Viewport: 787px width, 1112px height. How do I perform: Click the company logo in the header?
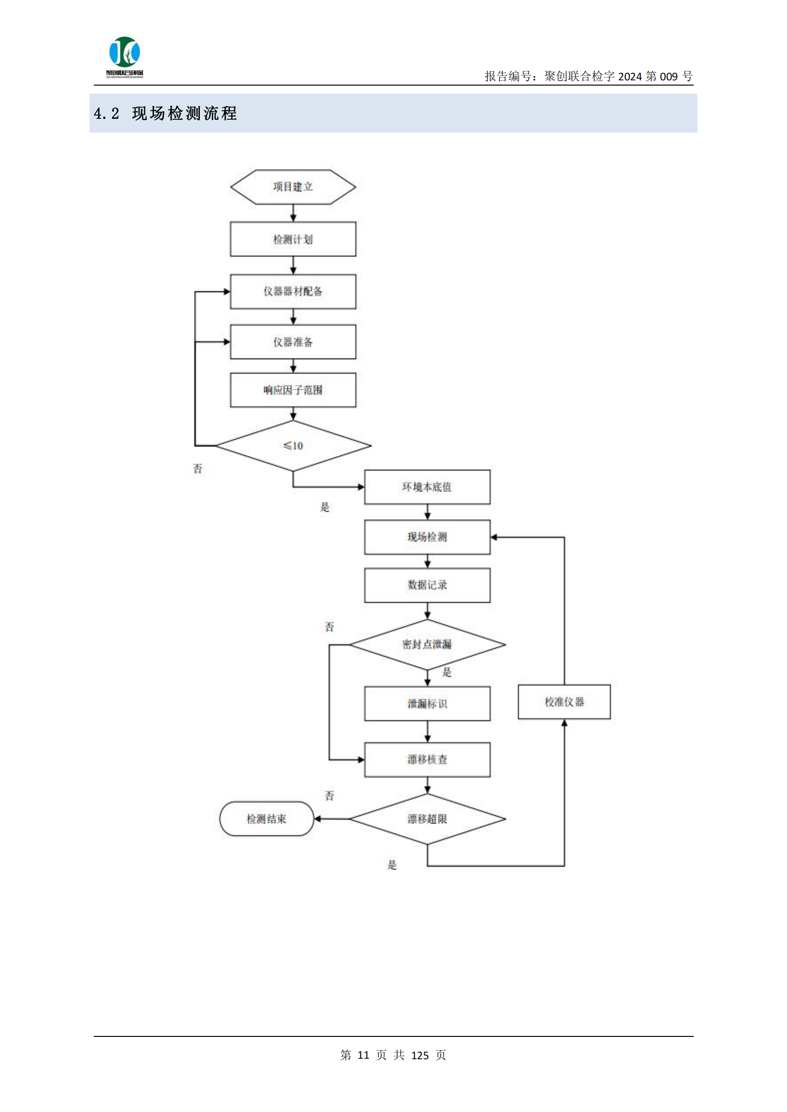tap(125, 56)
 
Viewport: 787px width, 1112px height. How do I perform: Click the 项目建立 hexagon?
tap(293, 187)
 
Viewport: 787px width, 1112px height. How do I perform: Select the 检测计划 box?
tap(293, 239)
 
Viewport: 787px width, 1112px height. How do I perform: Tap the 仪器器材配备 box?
tap(293, 291)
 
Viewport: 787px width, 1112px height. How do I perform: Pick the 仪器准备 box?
tap(293, 342)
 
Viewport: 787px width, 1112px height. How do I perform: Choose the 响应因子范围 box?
tap(293, 390)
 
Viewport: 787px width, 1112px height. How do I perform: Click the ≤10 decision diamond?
tap(293, 445)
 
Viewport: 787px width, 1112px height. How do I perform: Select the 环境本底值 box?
tap(427, 487)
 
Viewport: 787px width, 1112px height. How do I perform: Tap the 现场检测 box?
tap(427, 537)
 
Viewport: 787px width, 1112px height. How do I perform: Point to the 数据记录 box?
tap(427, 585)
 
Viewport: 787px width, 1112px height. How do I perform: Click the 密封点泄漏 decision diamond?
tap(427, 645)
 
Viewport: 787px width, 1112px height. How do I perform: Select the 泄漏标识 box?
tap(427, 704)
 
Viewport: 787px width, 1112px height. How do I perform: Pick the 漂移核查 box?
tap(427, 759)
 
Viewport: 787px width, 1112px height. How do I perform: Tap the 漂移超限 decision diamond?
tap(427, 819)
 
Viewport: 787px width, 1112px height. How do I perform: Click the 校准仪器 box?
tap(564, 702)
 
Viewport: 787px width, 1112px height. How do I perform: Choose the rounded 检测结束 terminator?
tap(266, 819)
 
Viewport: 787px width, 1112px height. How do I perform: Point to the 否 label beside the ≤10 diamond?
tap(198, 469)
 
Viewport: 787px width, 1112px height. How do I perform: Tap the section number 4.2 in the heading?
tap(107, 114)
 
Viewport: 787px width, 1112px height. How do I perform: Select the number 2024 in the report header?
tap(630, 77)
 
